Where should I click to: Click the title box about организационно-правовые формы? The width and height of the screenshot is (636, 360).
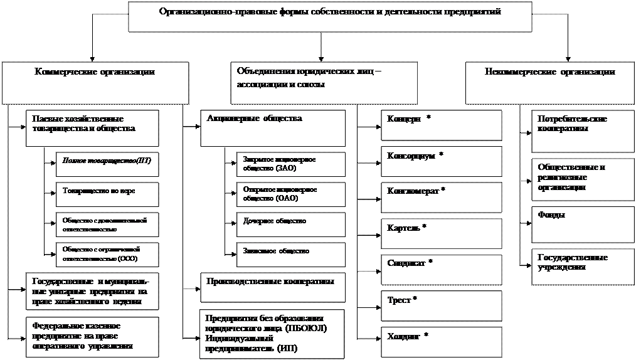click(x=330, y=16)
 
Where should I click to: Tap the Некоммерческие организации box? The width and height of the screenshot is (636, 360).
click(x=549, y=83)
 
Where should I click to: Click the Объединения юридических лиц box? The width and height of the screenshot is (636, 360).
click(x=324, y=83)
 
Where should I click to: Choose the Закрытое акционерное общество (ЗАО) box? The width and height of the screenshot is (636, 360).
click(x=290, y=164)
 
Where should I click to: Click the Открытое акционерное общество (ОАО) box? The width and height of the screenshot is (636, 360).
click(x=290, y=193)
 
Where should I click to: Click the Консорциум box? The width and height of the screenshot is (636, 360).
click(x=441, y=161)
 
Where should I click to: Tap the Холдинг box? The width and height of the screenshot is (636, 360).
click(x=441, y=341)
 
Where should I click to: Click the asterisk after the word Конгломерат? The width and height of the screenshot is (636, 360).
click(x=443, y=189)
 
